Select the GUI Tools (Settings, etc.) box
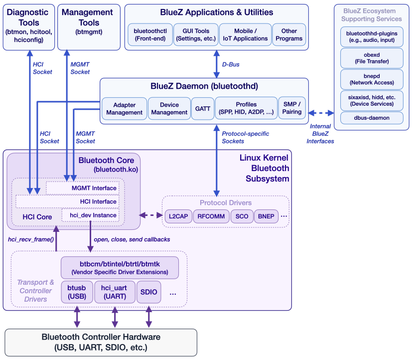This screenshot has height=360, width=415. point(195,34)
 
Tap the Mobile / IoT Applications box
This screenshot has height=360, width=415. point(244,34)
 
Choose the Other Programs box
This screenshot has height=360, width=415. point(289,34)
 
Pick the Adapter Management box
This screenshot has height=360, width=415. point(124,109)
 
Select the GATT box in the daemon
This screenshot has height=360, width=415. point(202,109)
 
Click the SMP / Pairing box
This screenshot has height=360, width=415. point(292,108)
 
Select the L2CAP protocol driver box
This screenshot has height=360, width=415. point(177,216)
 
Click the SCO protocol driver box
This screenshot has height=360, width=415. point(242,216)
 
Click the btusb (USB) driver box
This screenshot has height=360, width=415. point(77,292)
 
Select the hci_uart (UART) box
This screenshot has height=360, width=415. point(114,292)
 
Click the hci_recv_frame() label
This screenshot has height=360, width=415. point(31,239)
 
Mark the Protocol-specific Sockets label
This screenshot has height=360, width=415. point(246,138)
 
